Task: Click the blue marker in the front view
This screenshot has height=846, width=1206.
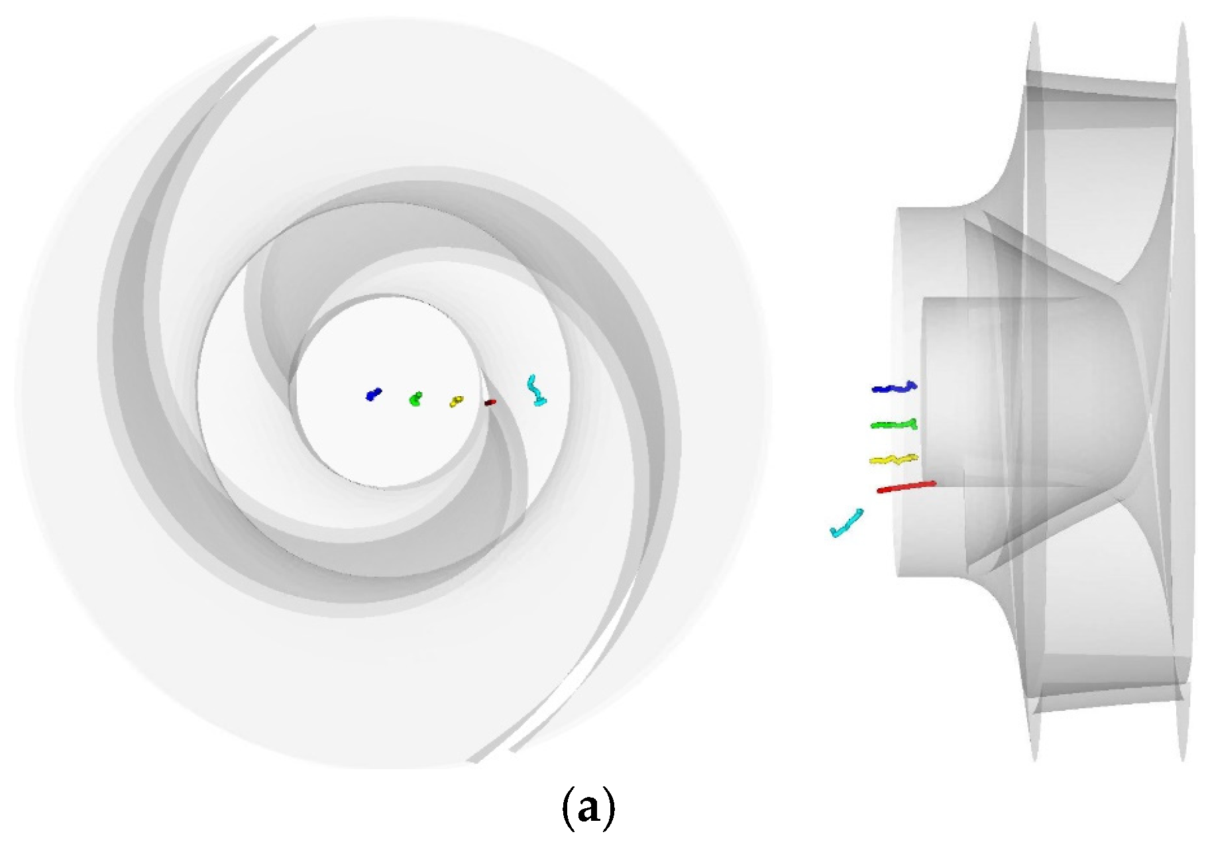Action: coord(374,394)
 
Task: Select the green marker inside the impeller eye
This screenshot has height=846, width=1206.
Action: coord(415,399)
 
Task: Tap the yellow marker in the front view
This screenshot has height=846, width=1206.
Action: coord(457,401)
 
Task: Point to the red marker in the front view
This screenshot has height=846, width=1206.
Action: coord(490,402)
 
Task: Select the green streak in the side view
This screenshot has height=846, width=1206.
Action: coord(894,424)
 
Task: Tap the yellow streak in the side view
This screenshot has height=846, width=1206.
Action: coord(893,458)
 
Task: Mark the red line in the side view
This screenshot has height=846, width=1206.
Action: coord(906,487)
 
